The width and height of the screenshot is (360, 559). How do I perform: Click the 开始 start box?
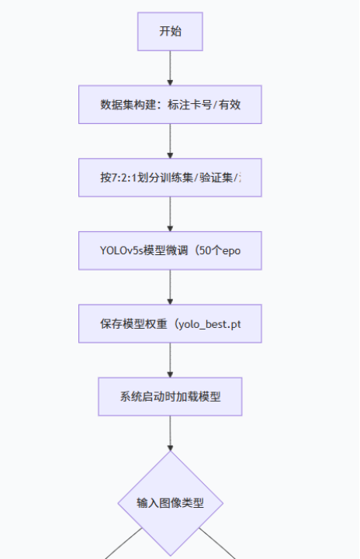(x=170, y=32)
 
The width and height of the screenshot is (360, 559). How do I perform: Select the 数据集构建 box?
(x=170, y=105)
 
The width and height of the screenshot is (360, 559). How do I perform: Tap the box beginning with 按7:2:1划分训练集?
(x=170, y=177)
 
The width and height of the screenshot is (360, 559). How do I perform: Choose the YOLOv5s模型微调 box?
(x=170, y=250)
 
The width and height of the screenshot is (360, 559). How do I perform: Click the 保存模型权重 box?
(x=170, y=323)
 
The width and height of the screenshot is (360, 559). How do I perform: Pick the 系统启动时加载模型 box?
(x=170, y=396)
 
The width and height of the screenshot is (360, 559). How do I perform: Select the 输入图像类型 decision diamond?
(x=170, y=503)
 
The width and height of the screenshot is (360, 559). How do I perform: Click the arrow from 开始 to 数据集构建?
(x=170, y=68)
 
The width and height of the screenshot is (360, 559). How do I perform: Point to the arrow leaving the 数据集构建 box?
(x=170, y=141)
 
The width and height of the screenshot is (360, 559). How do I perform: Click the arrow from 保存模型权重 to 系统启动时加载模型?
(x=170, y=360)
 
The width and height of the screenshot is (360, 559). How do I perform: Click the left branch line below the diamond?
(x=124, y=543)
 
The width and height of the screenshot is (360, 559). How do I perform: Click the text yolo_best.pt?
(x=209, y=324)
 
